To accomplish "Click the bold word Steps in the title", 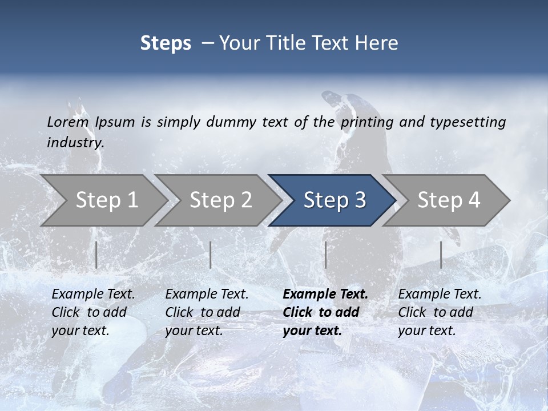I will pos(166,43).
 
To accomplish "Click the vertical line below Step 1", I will pos(96,255).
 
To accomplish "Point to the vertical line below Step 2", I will pos(211,255).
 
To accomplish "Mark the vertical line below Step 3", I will pos(325,255).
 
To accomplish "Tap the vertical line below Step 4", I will pos(441,255).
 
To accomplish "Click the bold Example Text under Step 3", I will pos(325,295).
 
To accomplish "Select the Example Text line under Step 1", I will pos(93,295).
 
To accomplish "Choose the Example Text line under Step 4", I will pos(440,295).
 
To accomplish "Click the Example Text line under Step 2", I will pos(207,295).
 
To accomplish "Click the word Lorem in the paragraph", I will pos(68,122).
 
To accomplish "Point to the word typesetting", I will pos(468,122).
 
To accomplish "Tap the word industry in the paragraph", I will pos(75,142).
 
